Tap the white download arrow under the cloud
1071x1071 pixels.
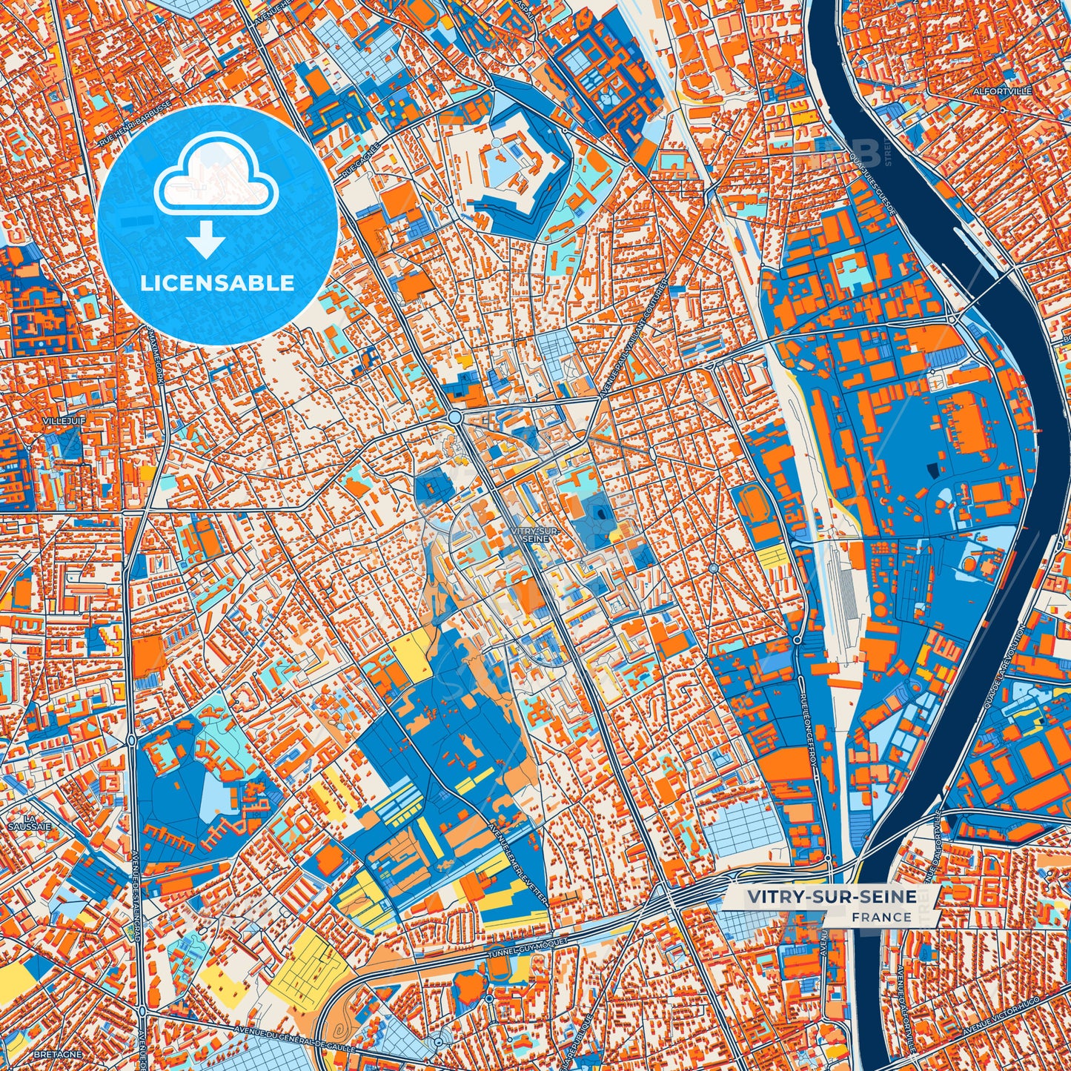[x=206, y=242]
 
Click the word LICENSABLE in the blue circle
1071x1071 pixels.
[x=217, y=283]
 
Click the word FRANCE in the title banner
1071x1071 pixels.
[x=881, y=917]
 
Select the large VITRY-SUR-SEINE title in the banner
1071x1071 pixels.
[x=832, y=897]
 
